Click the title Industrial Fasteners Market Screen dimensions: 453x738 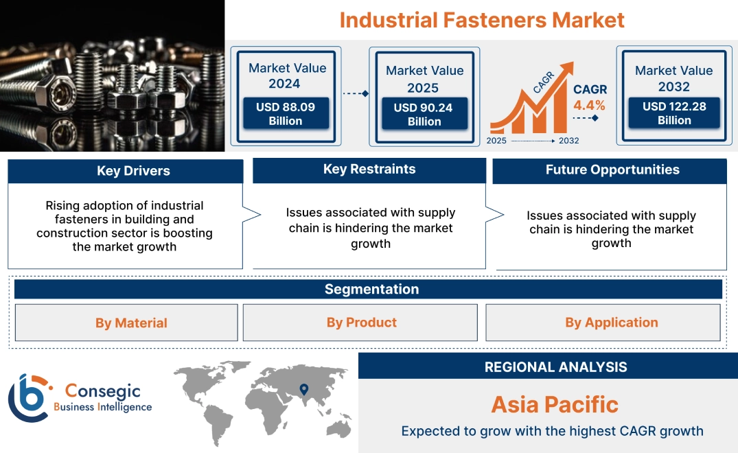click(481, 19)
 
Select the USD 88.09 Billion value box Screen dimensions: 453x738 click(285, 114)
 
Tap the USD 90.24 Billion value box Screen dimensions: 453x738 click(424, 115)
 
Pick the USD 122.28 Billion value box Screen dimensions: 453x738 click(673, 113)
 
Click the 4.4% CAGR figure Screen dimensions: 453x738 click(589, 105)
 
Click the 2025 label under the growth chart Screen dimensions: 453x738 click(497, 141)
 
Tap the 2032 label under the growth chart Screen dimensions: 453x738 click(568, 141)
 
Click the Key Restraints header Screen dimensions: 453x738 click(369, 170)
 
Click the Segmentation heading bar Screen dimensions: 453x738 click(371, 289)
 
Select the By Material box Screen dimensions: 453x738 click(131, 323)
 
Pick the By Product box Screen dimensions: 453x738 click(361, 323)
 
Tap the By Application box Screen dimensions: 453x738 click(611, 323)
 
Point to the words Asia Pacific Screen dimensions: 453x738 click(555, 404)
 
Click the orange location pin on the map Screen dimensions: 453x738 click(303, 390)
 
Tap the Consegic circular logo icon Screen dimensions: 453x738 click(30, 398)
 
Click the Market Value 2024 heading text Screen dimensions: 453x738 click(287, 75)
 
